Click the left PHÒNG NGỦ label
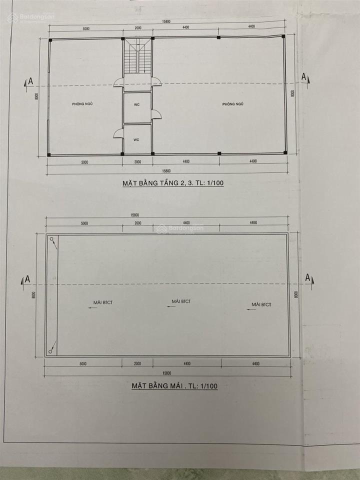(x=83, y=103)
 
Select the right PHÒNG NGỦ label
(x=232, y=103)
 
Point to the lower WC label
(x=136, y=139)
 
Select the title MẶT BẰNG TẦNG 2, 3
(x=173, y=183)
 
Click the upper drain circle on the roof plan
(x=52, y=240)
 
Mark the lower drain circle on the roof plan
(x=51, y=350)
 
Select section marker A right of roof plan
(x=308, y=278)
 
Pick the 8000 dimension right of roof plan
(x=296, y=295)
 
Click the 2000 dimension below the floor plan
(x=137, y=161)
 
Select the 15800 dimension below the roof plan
(x=166, y=373)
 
